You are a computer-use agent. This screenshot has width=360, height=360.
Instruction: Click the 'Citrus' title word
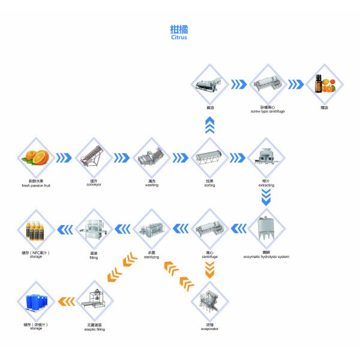pos(179,37)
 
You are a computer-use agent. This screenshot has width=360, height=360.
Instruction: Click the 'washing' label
pos(151,185)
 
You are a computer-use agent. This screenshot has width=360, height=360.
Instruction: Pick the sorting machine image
pos(209,157)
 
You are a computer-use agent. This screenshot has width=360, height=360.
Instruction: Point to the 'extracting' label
pos(266,185)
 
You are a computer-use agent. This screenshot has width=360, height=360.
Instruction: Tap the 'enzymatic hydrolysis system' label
pos(266,257)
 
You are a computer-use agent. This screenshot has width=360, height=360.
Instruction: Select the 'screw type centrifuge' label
pos(266,112)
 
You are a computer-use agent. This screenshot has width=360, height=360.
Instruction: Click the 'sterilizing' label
pos(151,255)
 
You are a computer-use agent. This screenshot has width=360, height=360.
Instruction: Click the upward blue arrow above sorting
pos(209,125)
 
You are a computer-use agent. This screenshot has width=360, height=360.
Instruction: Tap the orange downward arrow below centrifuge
pos(209,268)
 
